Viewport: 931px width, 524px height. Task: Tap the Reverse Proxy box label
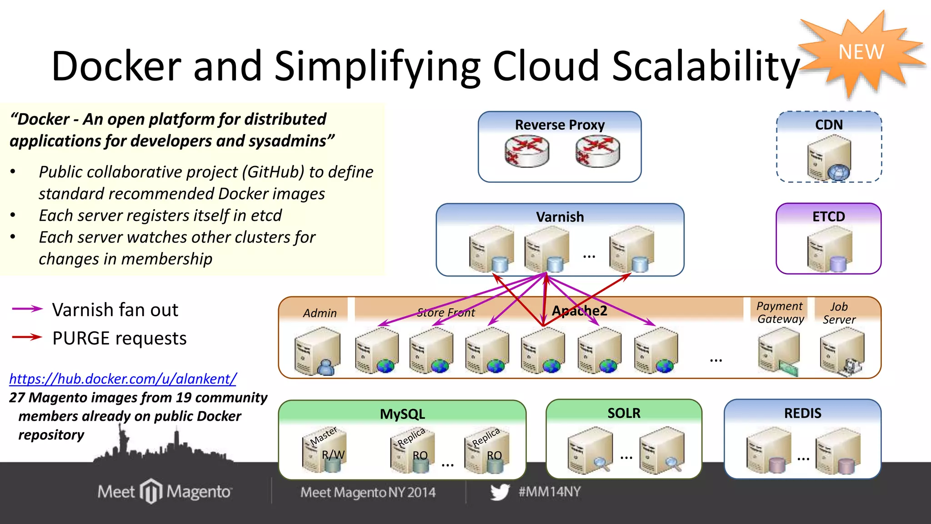560,125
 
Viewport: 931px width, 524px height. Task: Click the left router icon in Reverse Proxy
527,152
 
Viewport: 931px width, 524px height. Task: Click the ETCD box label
828,217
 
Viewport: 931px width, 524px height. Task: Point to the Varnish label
560,217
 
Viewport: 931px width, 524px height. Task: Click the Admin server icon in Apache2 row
317,352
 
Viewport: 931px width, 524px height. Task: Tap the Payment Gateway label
780,312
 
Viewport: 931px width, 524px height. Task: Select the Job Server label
839,313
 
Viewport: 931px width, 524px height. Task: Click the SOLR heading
624,413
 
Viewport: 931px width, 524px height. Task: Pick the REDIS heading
802,413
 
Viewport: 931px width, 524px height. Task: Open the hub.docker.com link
123,378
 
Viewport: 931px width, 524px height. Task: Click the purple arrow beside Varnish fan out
27,309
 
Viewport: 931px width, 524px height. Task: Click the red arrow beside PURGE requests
27,337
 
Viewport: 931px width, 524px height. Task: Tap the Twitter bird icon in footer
500,492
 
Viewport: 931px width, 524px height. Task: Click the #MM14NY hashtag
550,492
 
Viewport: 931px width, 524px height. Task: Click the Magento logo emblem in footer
151,491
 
